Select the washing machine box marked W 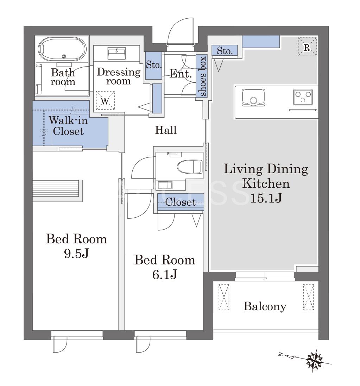click(x=105, y=100)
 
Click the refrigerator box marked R click(x=307, y=47)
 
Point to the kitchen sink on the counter click(x=253, y=98)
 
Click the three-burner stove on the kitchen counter click(x=303, y=97)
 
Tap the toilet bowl click(x=190, y=167)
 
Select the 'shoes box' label click(x=203, y=76)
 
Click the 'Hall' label click(x=166, y=130)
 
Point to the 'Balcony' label click(x=265, y=307)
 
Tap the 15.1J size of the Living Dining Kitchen click(x=266, y=198)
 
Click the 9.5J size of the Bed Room click(x=76, y=253)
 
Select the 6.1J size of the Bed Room click(x=164, y=274)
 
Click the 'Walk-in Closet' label click(x=68, y=125)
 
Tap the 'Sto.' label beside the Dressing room click(x=154, y=65)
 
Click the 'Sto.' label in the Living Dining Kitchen click(x=225, y=51)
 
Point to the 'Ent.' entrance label click(x=181, y=74)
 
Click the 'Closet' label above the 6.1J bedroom click(x=181, y=202)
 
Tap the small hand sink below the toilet click(x=165, y=185)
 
